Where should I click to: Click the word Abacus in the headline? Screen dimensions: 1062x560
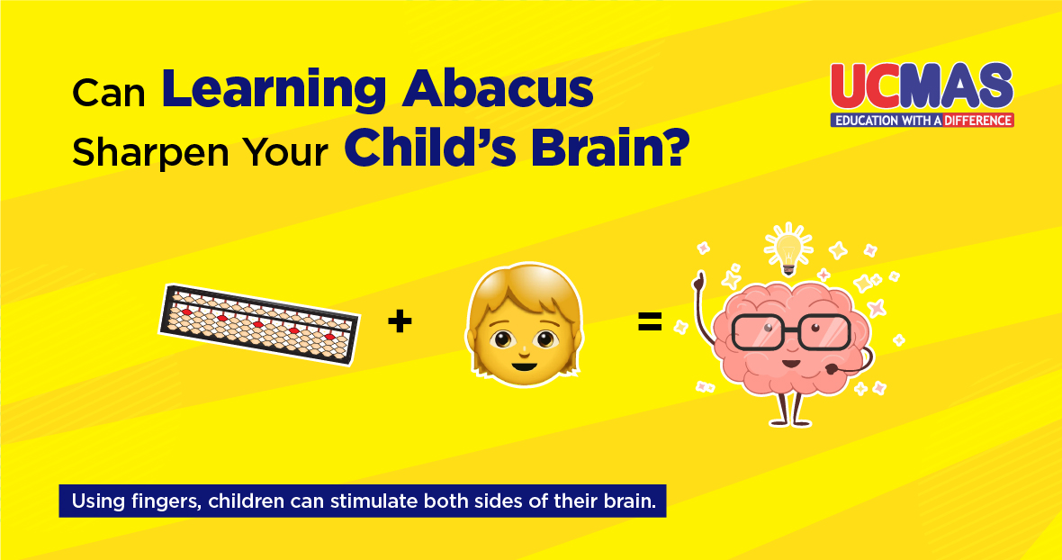click(x=497, y=91)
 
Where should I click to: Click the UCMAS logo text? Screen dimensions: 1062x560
click(x=922, y=86)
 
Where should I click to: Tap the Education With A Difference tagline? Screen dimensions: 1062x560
click(x=922, y=121)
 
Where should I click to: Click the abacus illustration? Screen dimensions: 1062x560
click(x=258, y=324)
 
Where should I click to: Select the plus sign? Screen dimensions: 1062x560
click(x=400, y=321)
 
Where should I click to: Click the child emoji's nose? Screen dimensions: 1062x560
click(x=524, y=349)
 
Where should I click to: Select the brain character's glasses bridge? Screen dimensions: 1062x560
click(x=790, y=326)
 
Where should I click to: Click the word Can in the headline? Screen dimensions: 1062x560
click(x=109, y=94)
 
